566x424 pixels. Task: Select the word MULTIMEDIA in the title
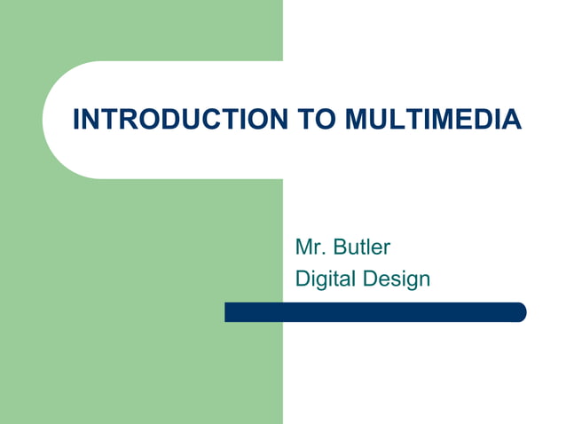coord(432,119)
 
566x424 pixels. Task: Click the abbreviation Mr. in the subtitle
coord(309,247)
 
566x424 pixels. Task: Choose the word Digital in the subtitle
coord(325,279)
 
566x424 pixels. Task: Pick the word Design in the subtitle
coord(396,279)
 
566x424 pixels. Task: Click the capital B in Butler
coord(340,247)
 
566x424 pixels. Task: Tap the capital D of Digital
coord(302,279)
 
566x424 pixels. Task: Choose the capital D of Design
coord(369,279)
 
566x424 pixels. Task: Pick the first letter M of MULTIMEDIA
coord(354,119)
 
